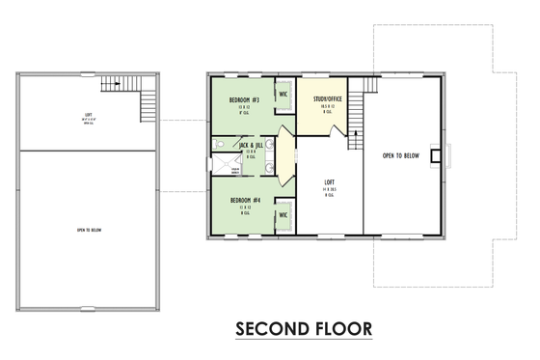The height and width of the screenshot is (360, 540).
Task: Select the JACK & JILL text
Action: tap(251, 145)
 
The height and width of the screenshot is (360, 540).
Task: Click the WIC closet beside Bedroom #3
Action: tap(283, 95)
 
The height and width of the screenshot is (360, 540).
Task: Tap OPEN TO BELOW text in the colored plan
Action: tap(399, 154)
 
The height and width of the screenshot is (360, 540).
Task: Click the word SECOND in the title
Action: tap(273, 330)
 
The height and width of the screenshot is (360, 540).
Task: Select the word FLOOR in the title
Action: tap(342, 330)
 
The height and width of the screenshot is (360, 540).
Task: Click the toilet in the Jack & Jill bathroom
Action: tap(221, 145)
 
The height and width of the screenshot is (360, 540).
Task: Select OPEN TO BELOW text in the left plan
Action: tap(88, 231)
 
